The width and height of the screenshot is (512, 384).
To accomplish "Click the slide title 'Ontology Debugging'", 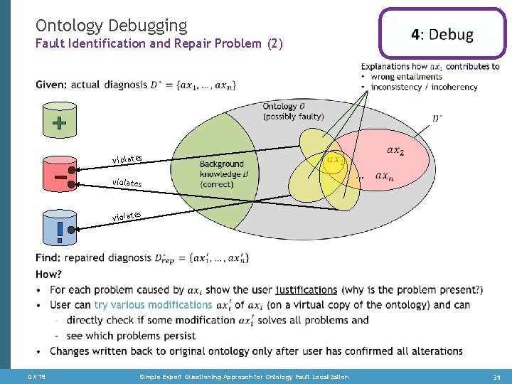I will (x=111, y=26).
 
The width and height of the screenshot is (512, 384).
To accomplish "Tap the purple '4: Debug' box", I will (x=442, y=34).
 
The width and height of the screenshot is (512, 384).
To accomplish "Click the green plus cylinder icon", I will (x=60, y=123).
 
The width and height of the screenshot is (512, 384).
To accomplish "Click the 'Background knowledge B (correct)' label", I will (x=221, y=174).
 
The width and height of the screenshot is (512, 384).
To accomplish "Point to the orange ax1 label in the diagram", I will (x=334, y=161).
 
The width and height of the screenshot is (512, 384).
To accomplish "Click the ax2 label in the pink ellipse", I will (x=395, y=150).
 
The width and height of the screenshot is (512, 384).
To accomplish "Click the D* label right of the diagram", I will (x=437, y=118).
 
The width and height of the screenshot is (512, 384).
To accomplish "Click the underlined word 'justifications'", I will (x=306, y=289).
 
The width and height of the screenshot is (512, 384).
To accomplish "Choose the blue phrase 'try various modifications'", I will (x=153, y=304).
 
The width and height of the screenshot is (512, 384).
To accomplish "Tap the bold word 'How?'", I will (x=48, y=274).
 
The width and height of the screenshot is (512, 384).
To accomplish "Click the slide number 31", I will (x=496, y=376).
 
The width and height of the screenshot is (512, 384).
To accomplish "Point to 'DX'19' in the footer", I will (x=36, y=376).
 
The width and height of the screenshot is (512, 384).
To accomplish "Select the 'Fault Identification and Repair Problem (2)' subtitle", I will (x=159, y=44).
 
